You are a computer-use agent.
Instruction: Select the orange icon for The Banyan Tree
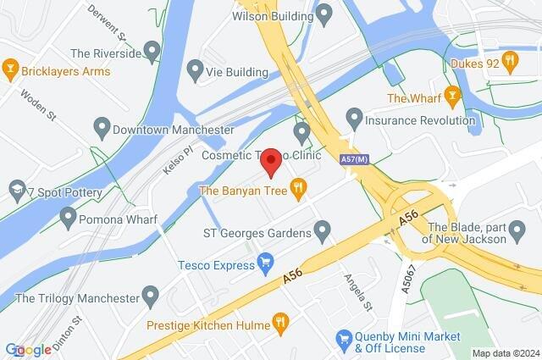(297, 190)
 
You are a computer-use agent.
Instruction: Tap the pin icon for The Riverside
(152, 53)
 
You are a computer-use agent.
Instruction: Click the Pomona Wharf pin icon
(69, 219)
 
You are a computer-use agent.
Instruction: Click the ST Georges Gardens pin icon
(322, 229)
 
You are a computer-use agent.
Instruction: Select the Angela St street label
(357, 290)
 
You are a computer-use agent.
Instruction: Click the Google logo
(28, 349)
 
